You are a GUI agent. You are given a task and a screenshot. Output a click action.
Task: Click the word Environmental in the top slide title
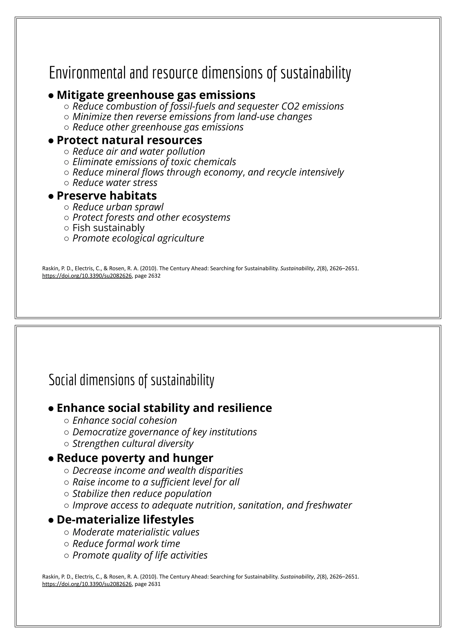[x=87, y=73]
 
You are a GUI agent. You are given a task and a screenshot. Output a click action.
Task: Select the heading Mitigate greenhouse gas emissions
[x=156, y=95]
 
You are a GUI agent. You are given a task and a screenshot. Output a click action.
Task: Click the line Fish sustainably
[x=108, y=228]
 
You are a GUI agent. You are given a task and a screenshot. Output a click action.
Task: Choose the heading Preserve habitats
[x=107, y=196]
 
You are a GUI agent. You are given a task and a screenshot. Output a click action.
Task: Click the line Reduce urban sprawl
[x=118, y=207]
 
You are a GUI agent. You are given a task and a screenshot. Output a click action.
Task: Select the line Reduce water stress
[x=115, y=183]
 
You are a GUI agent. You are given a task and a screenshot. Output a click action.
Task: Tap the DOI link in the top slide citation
[x=87, y=276]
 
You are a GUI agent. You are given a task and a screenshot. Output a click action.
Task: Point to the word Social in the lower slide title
[x=63, y=380]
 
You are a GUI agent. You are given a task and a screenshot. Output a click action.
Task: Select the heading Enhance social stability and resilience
[x=164, y=408]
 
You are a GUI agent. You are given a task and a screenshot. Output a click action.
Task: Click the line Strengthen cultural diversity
[x=133, y=443]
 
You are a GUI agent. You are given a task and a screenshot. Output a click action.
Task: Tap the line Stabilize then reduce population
[x=142, y=493]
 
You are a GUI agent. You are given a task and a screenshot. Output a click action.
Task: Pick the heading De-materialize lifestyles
[x=125, y=519]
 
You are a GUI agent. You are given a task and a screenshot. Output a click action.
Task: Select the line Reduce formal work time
[x=126, y=543]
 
